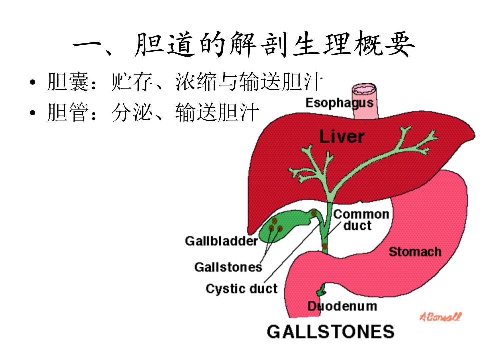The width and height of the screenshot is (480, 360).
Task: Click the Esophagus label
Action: (x=339, y=103)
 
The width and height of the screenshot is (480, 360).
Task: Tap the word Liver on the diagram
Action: (x=342, y=137)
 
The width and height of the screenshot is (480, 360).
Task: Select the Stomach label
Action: (x=415, y=252)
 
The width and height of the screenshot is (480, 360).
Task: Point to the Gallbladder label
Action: (x=221, y=241)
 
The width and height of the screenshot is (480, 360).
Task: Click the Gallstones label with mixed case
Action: (x=228, y=267)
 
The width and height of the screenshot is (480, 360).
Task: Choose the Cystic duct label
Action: (x=241, y=289)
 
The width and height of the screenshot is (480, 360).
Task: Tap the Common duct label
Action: (x=361, y=220)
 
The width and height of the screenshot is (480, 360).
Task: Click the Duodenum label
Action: (x=342, y=306)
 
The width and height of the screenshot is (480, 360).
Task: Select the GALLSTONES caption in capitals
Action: (x=330, y=332)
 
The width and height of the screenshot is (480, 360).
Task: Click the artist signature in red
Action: (x=440, y=317)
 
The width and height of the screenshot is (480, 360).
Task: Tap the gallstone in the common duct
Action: (x=325, y=247)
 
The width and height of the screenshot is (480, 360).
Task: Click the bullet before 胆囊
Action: (x=32, y=82)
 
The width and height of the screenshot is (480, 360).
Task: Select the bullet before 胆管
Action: (x=32, y=113)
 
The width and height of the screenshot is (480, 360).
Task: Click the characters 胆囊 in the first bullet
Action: (x=68, y=82)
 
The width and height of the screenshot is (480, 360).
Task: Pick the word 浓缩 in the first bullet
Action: (x=196, y=82)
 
